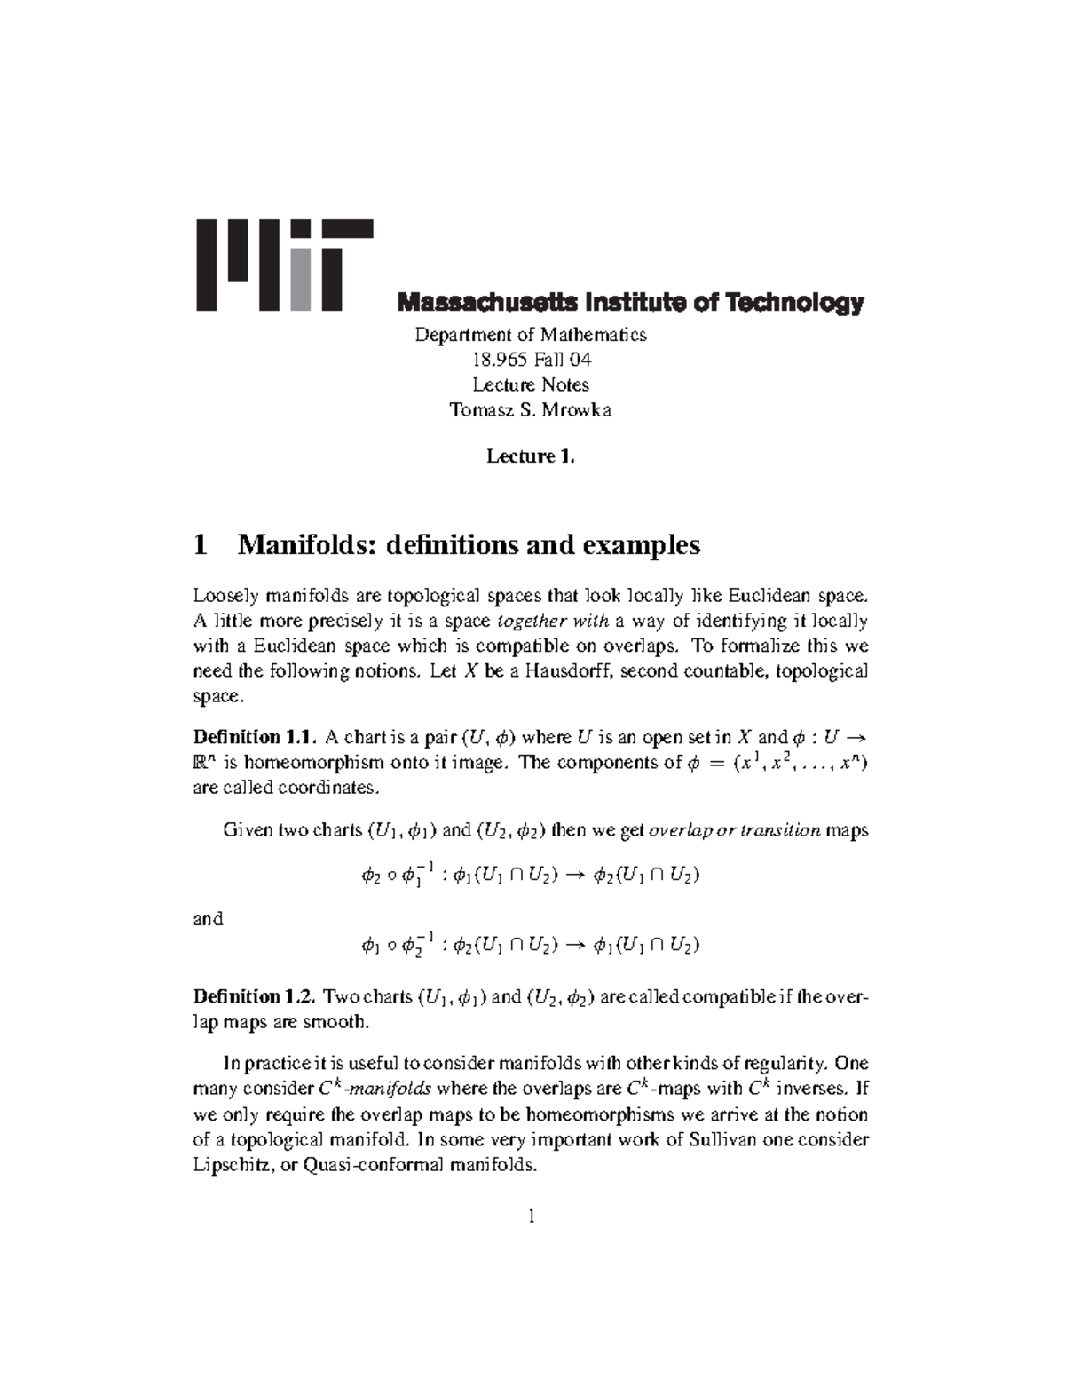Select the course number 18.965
click(x=501, y=360)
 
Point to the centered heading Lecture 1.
click(x=531, y=456)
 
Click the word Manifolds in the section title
click(x=299, y=544)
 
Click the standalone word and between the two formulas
click(x=208, y=919)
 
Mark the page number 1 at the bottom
click(x=531, y=1217)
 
